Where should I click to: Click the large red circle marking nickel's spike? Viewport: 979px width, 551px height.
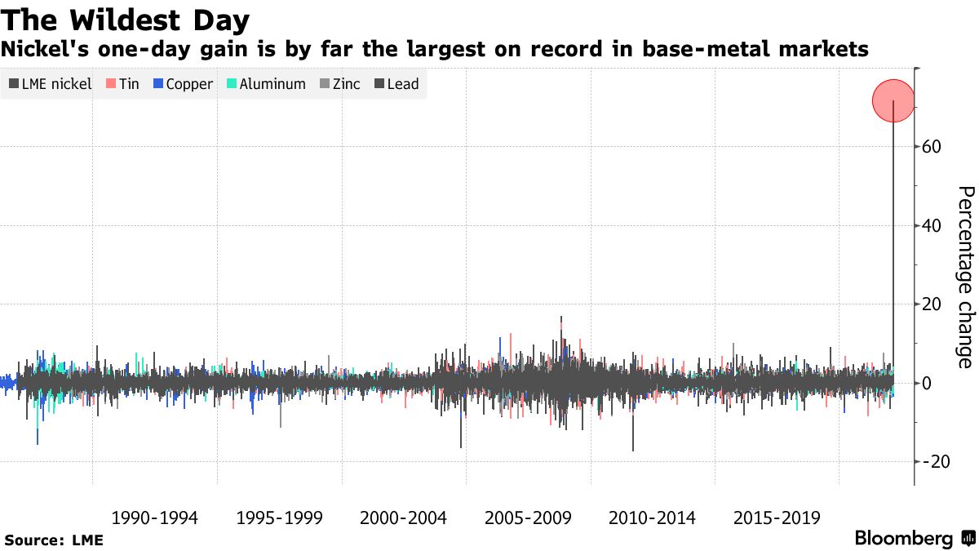[x=894, y=100]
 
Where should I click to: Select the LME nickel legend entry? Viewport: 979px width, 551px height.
[x=50, y=84]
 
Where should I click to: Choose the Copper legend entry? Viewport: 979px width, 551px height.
[x=183, y=84]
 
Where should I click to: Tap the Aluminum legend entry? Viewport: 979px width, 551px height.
[x=266, y=84]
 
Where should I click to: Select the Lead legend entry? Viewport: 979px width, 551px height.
[x=396, y=84]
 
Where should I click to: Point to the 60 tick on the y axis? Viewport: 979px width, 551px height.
[x=932, y=147]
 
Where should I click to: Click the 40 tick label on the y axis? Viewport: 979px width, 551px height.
[x=932, y=225]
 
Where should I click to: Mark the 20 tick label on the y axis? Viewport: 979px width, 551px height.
[x=932, y=304]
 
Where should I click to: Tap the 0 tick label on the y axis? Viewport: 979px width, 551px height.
[x=928, y=383]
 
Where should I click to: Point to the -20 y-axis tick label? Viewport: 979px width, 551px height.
[x=935, y=461]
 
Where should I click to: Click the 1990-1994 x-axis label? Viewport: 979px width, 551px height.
[x=154, y=518]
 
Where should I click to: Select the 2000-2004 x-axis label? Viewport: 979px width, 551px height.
[x=403, y=518]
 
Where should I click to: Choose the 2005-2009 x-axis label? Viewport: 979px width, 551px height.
[x=528, y=518]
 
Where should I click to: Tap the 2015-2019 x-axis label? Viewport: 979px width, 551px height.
[x=777, y=518]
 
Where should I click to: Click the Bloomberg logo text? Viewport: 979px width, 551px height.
[x=904, y=539]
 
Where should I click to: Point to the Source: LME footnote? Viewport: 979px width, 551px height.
[x=54, y=540]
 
